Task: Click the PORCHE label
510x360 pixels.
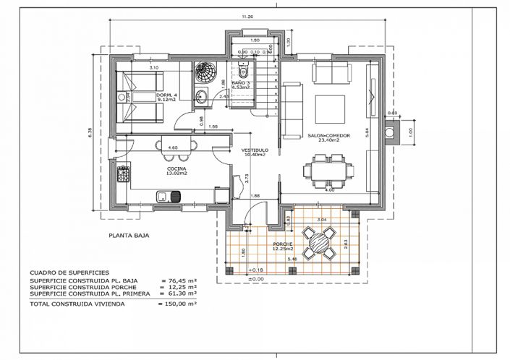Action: click(282, 244)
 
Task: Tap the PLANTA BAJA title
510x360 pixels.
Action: click(129, 235)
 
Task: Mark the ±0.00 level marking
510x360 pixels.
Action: click(255, 278)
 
